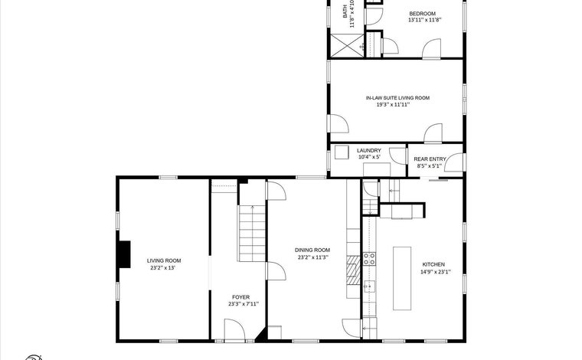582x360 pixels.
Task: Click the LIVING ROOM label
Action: [x=164, y=260]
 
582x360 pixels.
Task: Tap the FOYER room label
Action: [x=241, y=297]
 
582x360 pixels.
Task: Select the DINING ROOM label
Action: [x=312, y=250]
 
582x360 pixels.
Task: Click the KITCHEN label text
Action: [x=433, y=264]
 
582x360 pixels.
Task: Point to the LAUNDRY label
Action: [x=369, y=150]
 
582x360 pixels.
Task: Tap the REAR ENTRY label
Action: [x=430, y=159]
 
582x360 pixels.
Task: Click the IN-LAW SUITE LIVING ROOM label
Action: [x=397, y=98]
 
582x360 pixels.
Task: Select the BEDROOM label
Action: [x=423, y=14]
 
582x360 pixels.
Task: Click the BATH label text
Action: [x=345, y=11]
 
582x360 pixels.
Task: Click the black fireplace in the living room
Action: [x=124, y=254]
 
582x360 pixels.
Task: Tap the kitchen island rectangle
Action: [x=402, y=278]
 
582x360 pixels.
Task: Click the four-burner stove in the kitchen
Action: [x=369, y=259]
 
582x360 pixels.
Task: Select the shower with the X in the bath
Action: [x=347, y=46]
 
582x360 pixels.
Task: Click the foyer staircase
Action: [x=252, y=234]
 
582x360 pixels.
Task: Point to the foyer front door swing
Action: [x=235, y=329]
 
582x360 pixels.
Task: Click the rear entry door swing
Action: [x=454, y=162]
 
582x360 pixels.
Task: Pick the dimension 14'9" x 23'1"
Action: [x=436, y=272]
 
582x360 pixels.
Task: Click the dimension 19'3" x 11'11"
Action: [x=393, y=105]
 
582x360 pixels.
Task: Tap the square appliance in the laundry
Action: [x=342, y=152]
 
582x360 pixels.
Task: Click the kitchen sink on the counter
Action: [x=369, y=286]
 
